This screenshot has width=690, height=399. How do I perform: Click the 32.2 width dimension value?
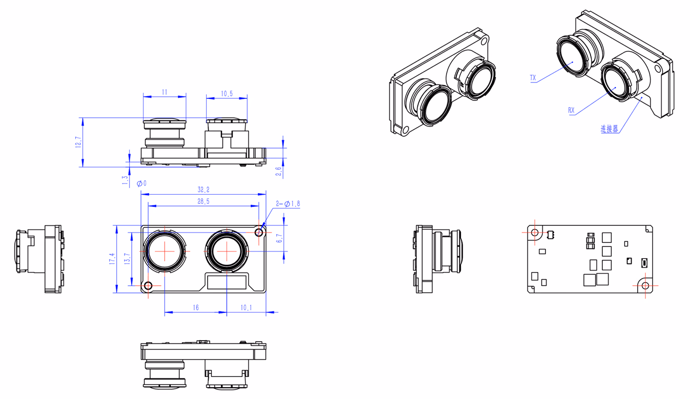coord(204,190)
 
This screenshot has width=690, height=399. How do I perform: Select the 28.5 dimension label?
coord(204,201)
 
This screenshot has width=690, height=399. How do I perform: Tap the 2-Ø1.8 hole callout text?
coord(288,204)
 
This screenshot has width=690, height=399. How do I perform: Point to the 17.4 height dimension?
coord(112,259)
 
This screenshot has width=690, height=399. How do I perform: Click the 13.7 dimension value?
coord(127,259)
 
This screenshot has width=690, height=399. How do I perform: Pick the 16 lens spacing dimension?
coord(196,307)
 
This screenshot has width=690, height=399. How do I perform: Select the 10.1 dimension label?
coord(246,307)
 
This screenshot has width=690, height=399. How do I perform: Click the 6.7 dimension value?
coord(279,238)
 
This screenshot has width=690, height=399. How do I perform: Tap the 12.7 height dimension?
coord(78,142)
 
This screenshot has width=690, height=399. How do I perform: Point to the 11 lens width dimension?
coord(165,92)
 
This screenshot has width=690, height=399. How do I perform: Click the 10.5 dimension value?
coord(227,94)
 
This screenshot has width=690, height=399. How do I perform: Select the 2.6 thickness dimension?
coord(278,172)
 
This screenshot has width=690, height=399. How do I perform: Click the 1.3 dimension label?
coord(125,180)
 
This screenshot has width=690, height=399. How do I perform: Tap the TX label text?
coord(533,78)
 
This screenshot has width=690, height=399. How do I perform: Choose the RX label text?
coord(572,110)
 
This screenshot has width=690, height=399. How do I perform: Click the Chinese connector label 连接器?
coord(610,129)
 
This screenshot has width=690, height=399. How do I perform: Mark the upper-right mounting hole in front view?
coord(259,233)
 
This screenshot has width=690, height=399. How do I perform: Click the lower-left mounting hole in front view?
coord(148,286)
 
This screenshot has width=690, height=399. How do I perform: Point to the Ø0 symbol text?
coord(141,183)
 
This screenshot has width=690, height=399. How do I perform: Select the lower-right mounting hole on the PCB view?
coord(645,286)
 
